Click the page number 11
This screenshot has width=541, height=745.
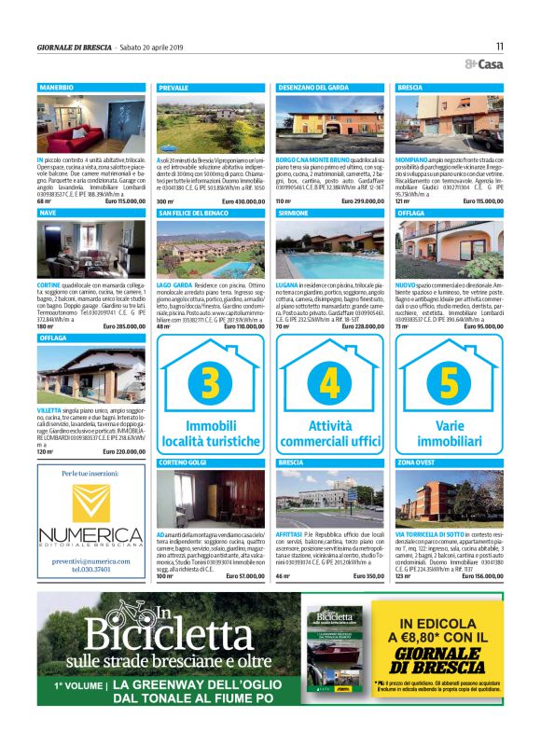(x=499, y=46)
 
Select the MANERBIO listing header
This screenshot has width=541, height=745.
(x=57, y=87)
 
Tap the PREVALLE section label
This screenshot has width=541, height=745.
(x=174, y=87)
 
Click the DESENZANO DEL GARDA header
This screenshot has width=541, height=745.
(x=313, y=87)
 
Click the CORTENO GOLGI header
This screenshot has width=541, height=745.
(x=183, y=462)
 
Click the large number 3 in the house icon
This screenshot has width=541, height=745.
(x=211, y=384)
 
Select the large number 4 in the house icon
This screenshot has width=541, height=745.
(x=330, y=384)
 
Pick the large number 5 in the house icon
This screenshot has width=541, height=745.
(x=450, y=384)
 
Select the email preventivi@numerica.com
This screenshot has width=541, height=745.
(x=90, y=561)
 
